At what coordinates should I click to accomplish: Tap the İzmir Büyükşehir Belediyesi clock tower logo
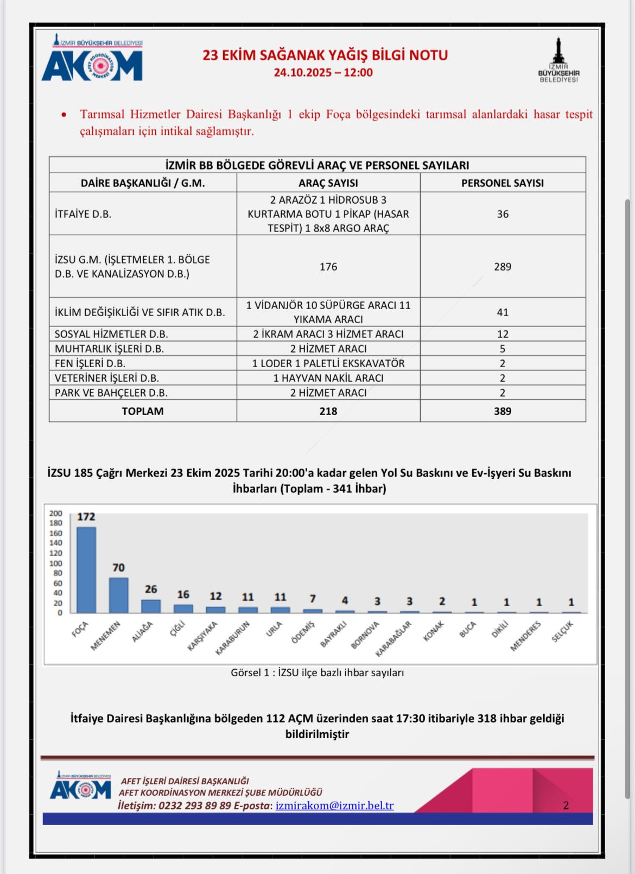558,60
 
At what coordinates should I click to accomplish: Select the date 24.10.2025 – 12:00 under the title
323,73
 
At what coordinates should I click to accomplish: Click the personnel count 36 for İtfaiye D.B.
503,214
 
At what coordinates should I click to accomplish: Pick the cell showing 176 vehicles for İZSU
328,267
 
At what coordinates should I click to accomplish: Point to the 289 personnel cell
503,267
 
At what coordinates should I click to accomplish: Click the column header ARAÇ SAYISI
328,183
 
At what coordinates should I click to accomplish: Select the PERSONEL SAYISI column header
503,183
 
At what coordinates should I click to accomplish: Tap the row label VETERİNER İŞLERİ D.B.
107,378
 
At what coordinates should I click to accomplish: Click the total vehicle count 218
328,411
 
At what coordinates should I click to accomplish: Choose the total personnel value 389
503,411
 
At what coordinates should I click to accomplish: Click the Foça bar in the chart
86,570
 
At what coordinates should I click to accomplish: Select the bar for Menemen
119,595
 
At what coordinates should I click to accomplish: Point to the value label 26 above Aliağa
151,589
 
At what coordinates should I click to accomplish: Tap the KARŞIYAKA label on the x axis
202,636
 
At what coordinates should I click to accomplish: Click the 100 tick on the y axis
56,563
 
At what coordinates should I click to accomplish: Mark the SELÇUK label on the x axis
563,632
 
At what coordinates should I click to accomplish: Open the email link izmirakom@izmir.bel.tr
334,806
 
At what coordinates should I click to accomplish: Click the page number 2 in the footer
566,806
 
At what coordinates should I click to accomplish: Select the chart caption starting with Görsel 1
317,672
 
